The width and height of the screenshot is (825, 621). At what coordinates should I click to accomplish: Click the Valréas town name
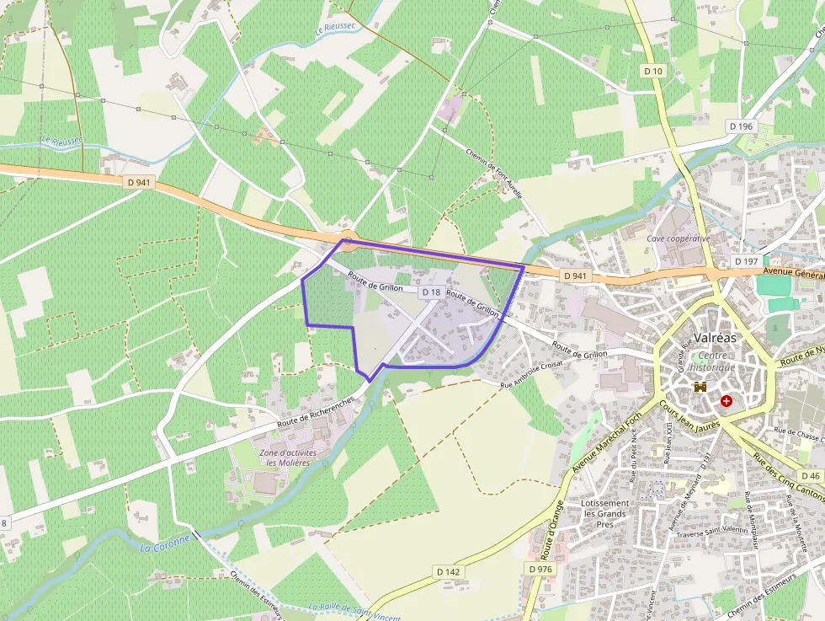coord(712,338)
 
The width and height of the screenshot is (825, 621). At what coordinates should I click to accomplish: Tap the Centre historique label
coord(712,361)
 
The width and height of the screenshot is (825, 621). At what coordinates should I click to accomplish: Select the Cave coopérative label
coord(679,238)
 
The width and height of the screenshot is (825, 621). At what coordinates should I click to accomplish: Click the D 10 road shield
coord(654,72)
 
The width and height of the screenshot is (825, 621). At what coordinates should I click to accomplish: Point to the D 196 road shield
coord(742,126)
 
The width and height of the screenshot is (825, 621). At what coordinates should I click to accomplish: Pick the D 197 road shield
coord(746,261)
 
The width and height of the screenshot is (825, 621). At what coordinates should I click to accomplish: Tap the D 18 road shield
coord(431,292)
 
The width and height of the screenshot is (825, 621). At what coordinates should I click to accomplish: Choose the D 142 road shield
coord(449,571)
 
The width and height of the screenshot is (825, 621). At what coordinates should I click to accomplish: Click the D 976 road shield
coord(540,569)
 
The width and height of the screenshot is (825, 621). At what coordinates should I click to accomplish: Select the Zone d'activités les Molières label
coord(289,458)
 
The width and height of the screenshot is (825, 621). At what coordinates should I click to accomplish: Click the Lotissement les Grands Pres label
coord(604,513)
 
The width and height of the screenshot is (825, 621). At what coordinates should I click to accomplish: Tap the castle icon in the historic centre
coord(699,387)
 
